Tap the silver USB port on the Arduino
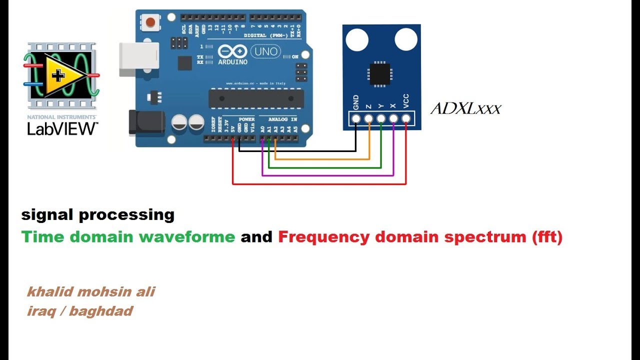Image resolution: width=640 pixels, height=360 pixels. (x=138, y=59)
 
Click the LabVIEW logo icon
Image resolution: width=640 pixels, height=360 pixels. (x=60, y=76)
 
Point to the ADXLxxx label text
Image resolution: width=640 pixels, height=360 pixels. (x=465, y=108)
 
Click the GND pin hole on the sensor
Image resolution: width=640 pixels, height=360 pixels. (x=356, y=118)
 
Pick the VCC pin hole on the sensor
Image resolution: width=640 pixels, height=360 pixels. (x=405, y=118)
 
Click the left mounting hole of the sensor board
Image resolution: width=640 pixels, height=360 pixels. (x=357, y=39)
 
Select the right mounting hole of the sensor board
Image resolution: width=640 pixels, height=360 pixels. (x=405, y=39)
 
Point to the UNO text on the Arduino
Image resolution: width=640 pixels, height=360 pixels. (x=265, y=51)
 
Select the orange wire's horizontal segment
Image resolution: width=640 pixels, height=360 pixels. (x=322, y=159)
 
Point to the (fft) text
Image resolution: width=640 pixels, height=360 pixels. (x=547, y=236)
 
